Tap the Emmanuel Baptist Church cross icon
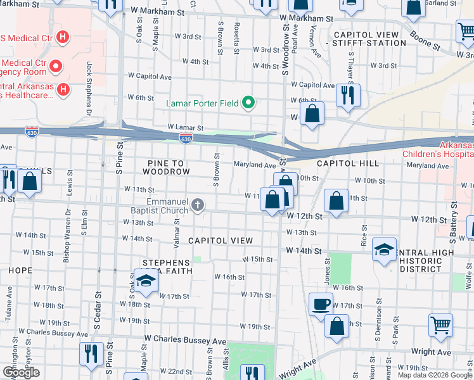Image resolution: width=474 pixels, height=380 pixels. click(198, 205)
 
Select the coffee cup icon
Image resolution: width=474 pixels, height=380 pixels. click(320, 304)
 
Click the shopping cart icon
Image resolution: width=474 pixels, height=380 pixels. click(440, 325)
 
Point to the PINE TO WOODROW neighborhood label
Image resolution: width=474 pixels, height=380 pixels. click(166, 167)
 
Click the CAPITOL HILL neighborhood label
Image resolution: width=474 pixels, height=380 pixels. click(347, 163)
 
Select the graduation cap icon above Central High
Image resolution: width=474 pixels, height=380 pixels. click(384, 249)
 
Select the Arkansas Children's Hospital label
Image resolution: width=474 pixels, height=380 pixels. click(437, 149)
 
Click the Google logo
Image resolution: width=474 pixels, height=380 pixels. click(21, 373)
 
